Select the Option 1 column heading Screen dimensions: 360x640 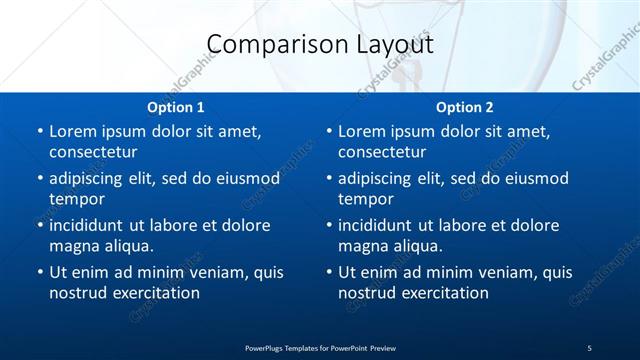(176, 107)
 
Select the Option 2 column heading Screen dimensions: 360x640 (465, 107)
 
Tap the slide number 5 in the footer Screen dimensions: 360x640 (589, 347)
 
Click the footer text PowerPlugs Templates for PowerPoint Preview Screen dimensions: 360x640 (320, 347)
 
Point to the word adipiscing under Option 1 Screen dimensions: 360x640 (88, 179)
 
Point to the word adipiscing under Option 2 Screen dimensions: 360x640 (377, 179)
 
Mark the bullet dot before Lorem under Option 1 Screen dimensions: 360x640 (39, 131)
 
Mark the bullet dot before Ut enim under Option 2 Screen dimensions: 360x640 (328, 272)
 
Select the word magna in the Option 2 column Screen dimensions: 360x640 (362, 246)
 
